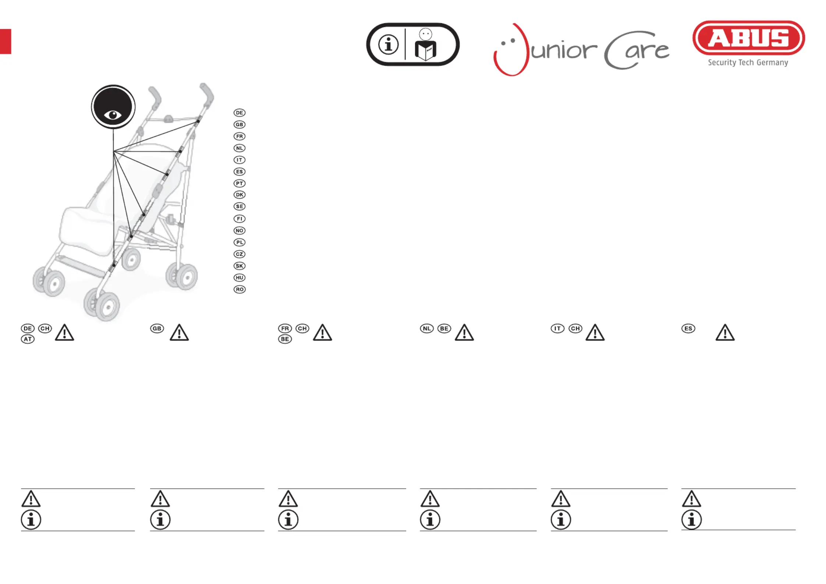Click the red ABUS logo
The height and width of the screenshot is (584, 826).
[x=748, y=38]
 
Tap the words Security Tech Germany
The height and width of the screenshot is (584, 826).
[x=748, y=63]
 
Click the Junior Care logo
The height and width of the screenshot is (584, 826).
[x=581, y=50]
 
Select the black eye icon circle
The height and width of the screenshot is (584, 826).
[x=113, y=107]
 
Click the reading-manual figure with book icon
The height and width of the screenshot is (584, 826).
[x=426, y=45]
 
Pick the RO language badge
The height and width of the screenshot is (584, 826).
[x=240, y=289]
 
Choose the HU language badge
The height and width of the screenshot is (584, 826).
[x=240, y=277]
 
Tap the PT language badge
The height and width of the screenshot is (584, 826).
[x=240, y=183]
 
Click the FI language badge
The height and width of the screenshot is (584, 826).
[x=240, y=219]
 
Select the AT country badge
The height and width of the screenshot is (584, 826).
[x=28, y=339]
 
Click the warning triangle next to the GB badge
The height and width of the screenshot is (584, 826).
[x=179, y=332]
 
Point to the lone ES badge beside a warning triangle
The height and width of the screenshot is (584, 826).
[x=688, y=328]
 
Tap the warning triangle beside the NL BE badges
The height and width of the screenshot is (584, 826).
[x=464, y=332]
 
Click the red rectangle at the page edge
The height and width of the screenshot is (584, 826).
[x=6, y=41]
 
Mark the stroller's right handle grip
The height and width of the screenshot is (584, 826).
[x=207, y=93]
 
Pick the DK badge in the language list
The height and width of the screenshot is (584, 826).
[x=240, y=195]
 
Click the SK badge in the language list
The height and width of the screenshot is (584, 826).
[x=240, y=266]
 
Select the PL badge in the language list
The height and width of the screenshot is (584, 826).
[x=240, y=242]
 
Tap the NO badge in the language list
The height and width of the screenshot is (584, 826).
[x=240, y=230]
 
